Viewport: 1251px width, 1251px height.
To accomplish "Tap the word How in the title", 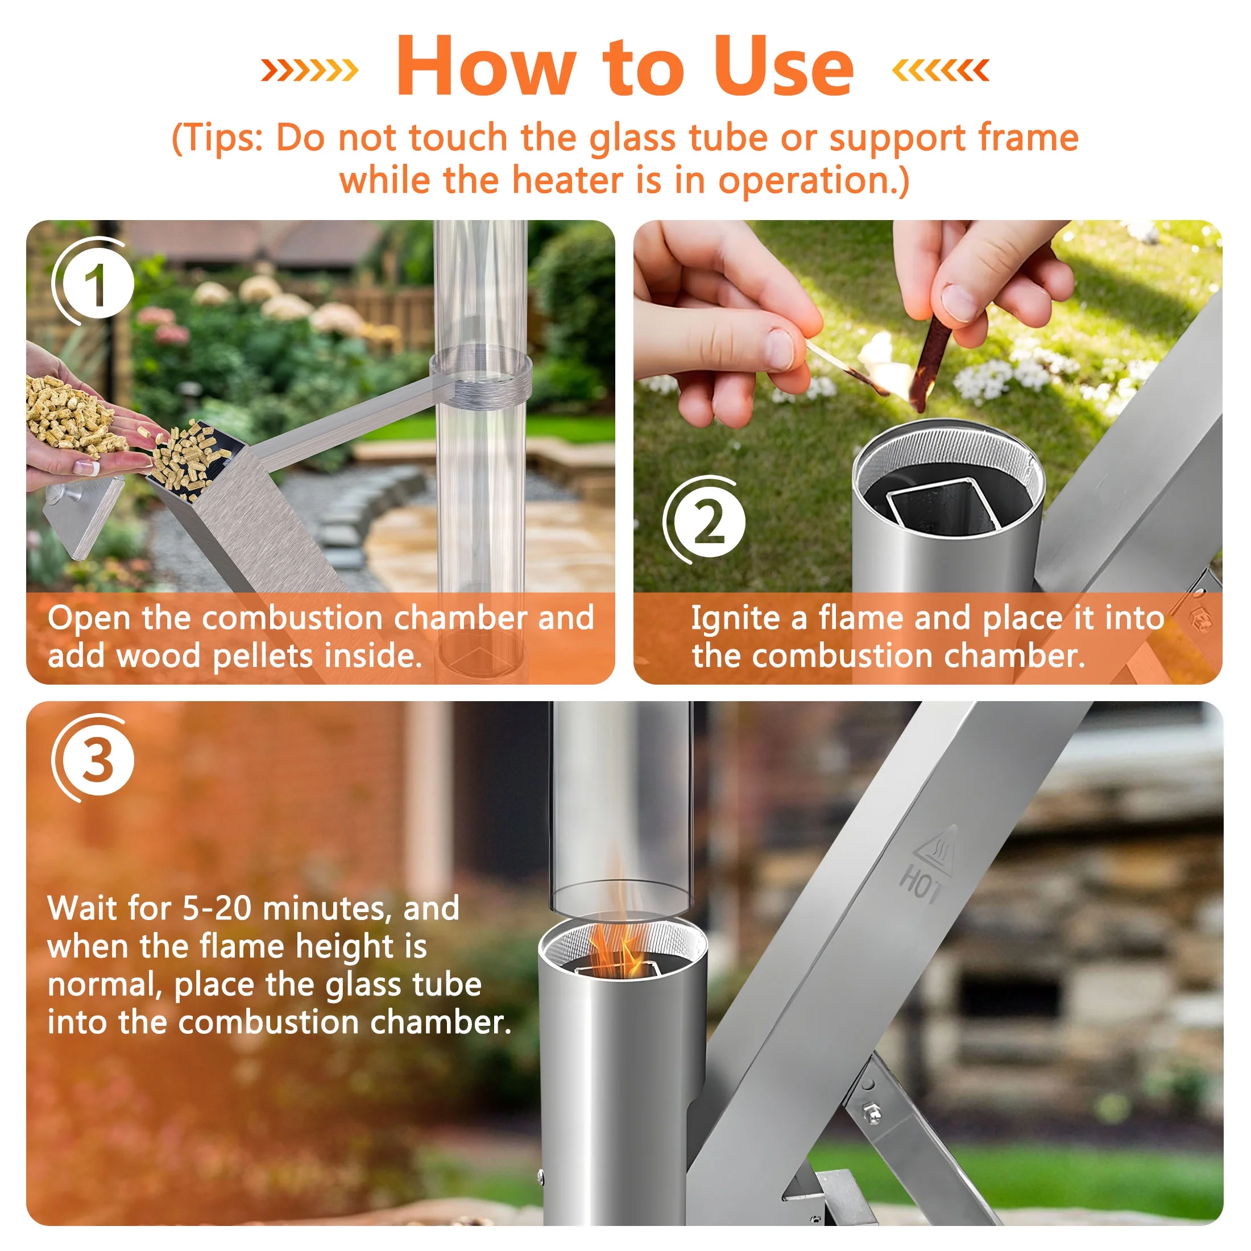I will tap(486, 67).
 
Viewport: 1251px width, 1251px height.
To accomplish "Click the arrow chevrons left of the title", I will tap(309, 70).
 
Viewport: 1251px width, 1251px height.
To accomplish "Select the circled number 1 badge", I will tap(95, 284).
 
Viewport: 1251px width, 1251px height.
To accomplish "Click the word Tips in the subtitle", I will tap(223, 138).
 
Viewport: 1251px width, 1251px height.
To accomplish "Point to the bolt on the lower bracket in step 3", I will tap(872, 1112).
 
